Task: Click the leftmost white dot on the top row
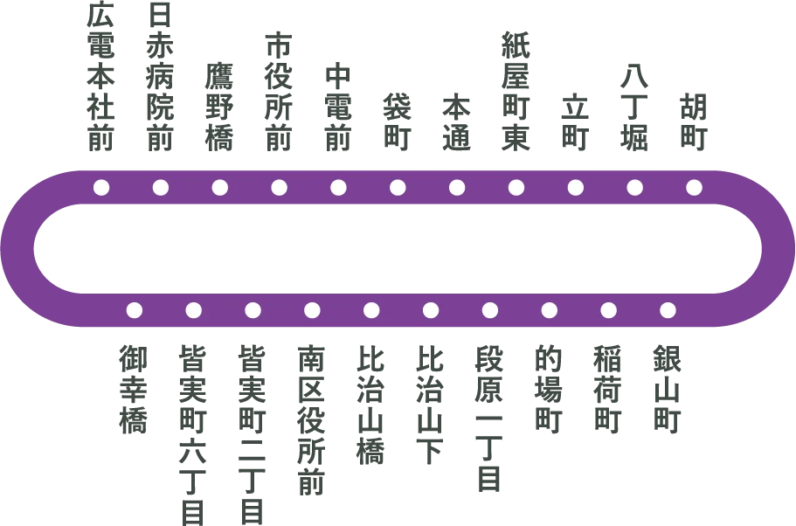pos(101,187)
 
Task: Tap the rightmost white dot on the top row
pos(694,187)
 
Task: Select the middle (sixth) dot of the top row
pos(398,187)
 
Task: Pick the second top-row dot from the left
pos(161,187)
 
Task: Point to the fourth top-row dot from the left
pos(280,187)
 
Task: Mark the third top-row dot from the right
pos(576,187)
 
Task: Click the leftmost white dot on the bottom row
pos(135,310)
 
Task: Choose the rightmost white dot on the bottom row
pos(668,310)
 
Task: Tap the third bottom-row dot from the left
pos(253,310)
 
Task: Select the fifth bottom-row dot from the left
pos(371,310)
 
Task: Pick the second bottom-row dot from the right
pos(608,310)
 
